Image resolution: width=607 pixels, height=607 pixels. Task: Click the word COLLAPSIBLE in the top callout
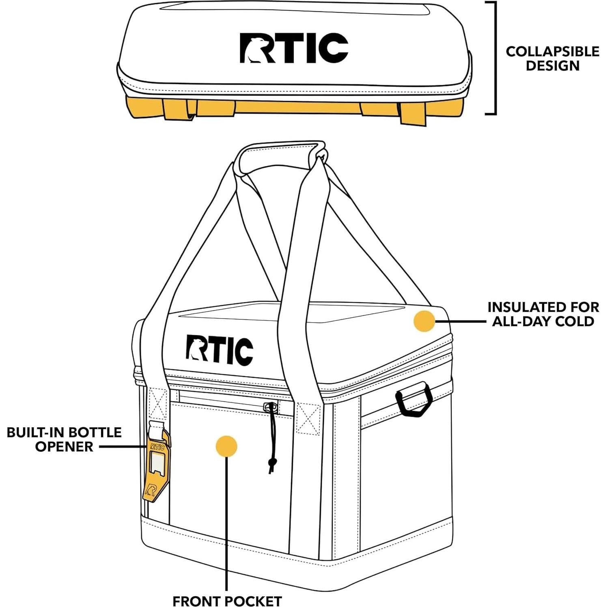[x=552, y=52]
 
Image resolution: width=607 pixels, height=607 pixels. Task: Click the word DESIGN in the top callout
[x=553, y=66]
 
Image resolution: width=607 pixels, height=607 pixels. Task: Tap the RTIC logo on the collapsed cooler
[x=294, y=48]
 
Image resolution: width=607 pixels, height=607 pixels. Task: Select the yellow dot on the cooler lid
[x=424, y=321]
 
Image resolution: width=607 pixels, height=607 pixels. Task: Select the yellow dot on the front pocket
[x=226, y=446]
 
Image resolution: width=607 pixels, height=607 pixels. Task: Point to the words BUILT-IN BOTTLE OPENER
[x=64, y=439]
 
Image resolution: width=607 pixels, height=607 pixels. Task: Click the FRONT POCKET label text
[x=227, y=601]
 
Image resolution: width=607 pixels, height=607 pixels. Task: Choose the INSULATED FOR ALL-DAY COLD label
[x=543, y=314]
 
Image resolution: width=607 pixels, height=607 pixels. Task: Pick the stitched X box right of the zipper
[x=308, y=418]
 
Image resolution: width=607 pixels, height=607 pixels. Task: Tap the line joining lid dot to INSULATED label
[x=460, y=321]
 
